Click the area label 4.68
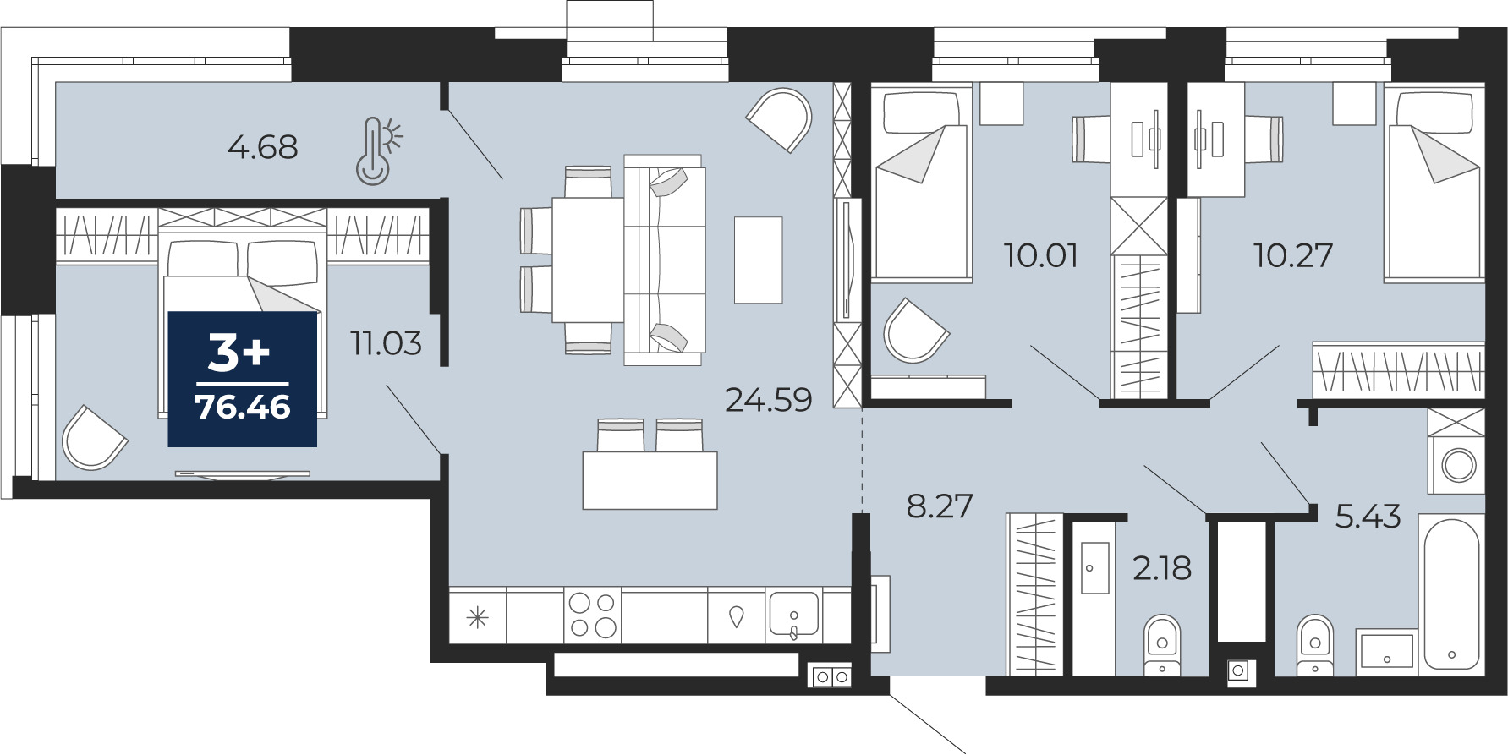click(263, 147)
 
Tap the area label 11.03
click(386, 343)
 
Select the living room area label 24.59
click(769, 399)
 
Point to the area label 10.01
click(1041, 254)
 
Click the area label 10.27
click(1293, 254)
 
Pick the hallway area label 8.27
click(940, 506)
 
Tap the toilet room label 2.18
click(1162, 568)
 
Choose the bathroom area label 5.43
click(1368, 516)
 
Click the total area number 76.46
click(243, 407)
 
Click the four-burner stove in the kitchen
click(593, 615)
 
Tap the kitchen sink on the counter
click(793, 615)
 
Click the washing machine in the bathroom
click(1456, 463)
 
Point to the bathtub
click(1451, 591)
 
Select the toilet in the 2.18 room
click(1162, 646)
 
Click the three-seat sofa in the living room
click(665, 260)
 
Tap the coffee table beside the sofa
click(758, 260)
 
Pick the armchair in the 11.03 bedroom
click(93, 437)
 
